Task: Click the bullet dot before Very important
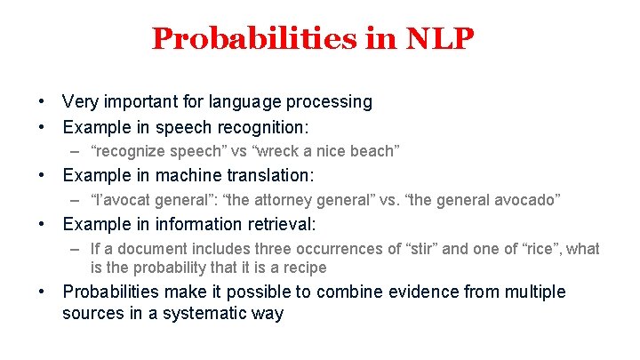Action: (42, 102)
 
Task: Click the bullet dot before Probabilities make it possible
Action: (42, 292)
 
